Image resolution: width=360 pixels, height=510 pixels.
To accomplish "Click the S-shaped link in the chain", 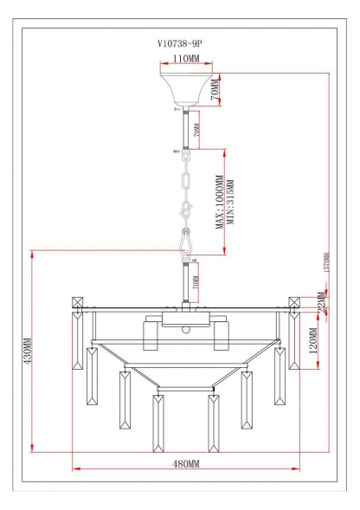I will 184,210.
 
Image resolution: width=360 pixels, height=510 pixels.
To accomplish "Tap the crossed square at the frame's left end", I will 77,303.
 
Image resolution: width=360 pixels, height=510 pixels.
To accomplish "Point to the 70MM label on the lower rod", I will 196,282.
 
